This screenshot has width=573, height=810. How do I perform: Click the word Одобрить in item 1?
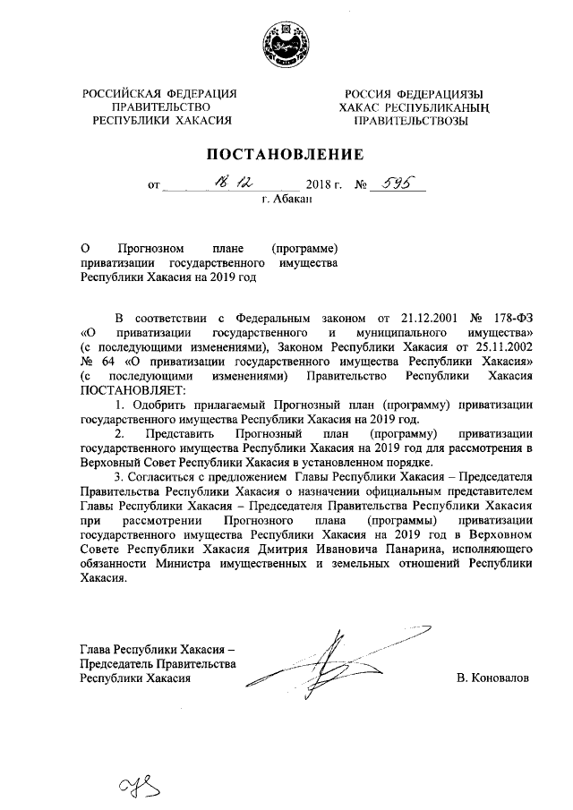[x=157, y=404]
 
